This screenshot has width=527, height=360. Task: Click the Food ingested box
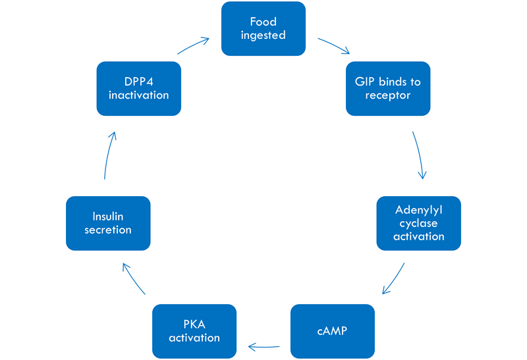tap(263, 29)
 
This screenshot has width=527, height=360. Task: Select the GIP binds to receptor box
tap(388, 89)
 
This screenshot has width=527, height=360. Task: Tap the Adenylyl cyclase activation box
tap(419, 223)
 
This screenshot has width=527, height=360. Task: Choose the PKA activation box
tap(194, 331)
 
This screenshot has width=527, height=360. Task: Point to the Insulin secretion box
tap(108, 223)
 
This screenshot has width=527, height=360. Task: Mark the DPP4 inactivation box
tap(138, 89)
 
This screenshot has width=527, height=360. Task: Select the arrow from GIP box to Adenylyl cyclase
tap(418, 155)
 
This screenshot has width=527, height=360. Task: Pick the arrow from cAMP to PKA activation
tap(263, 344)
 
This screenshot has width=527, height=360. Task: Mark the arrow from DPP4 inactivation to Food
tap(194, 46)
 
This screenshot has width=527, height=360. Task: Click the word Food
tap(263, 22)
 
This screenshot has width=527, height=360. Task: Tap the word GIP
tap(366, 82)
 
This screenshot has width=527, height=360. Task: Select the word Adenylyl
tap(419, 211)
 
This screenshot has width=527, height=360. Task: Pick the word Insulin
tap(108, 217)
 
